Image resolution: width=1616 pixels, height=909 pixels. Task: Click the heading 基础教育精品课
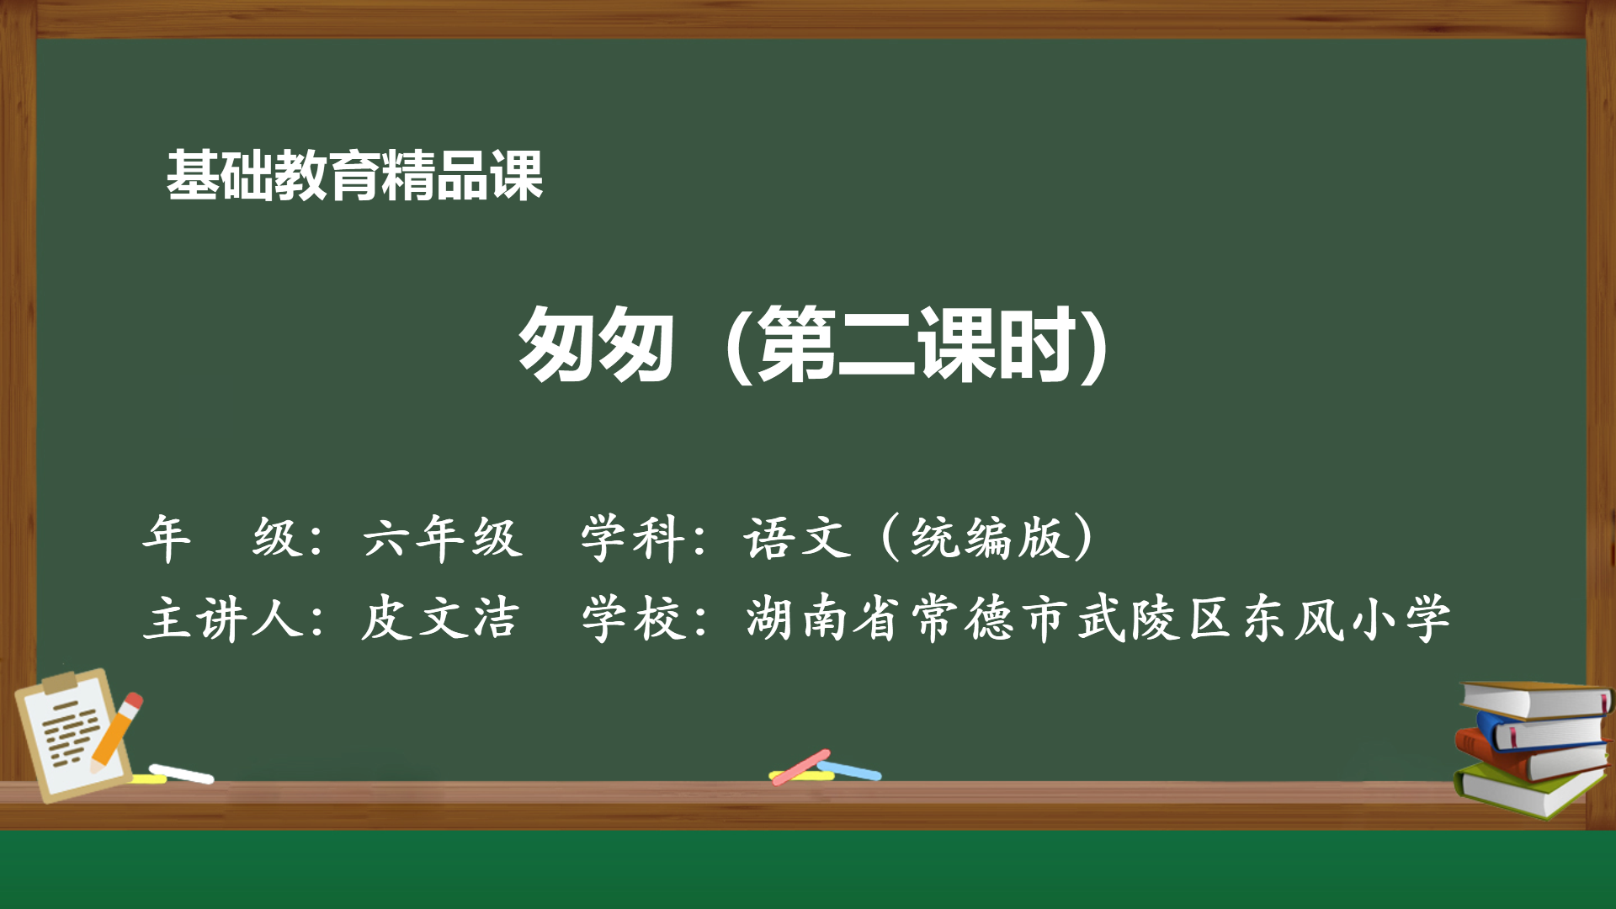click(x=354, y=176)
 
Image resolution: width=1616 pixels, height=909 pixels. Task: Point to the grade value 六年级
click(x=443, y=537)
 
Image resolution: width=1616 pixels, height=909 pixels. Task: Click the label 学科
click(x=631, y=537)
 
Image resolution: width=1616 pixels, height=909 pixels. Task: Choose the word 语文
click(x=796, y=537)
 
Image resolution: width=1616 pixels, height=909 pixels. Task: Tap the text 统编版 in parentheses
click(x=988, y=537)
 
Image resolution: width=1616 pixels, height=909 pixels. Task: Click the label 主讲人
click(x=223, y=619)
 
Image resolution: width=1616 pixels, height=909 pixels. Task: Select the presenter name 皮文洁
click(x=439, y=619)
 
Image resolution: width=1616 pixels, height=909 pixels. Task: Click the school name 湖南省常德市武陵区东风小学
click(x=1098, y=619)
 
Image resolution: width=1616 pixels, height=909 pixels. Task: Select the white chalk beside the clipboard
click(x=182, y=773)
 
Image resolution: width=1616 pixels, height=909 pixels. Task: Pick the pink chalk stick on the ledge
click(x=800, y=767)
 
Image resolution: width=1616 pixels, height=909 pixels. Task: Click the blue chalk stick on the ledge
click(x=850, y=770)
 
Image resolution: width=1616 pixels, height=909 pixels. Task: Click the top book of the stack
click(x=1536, y=699)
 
